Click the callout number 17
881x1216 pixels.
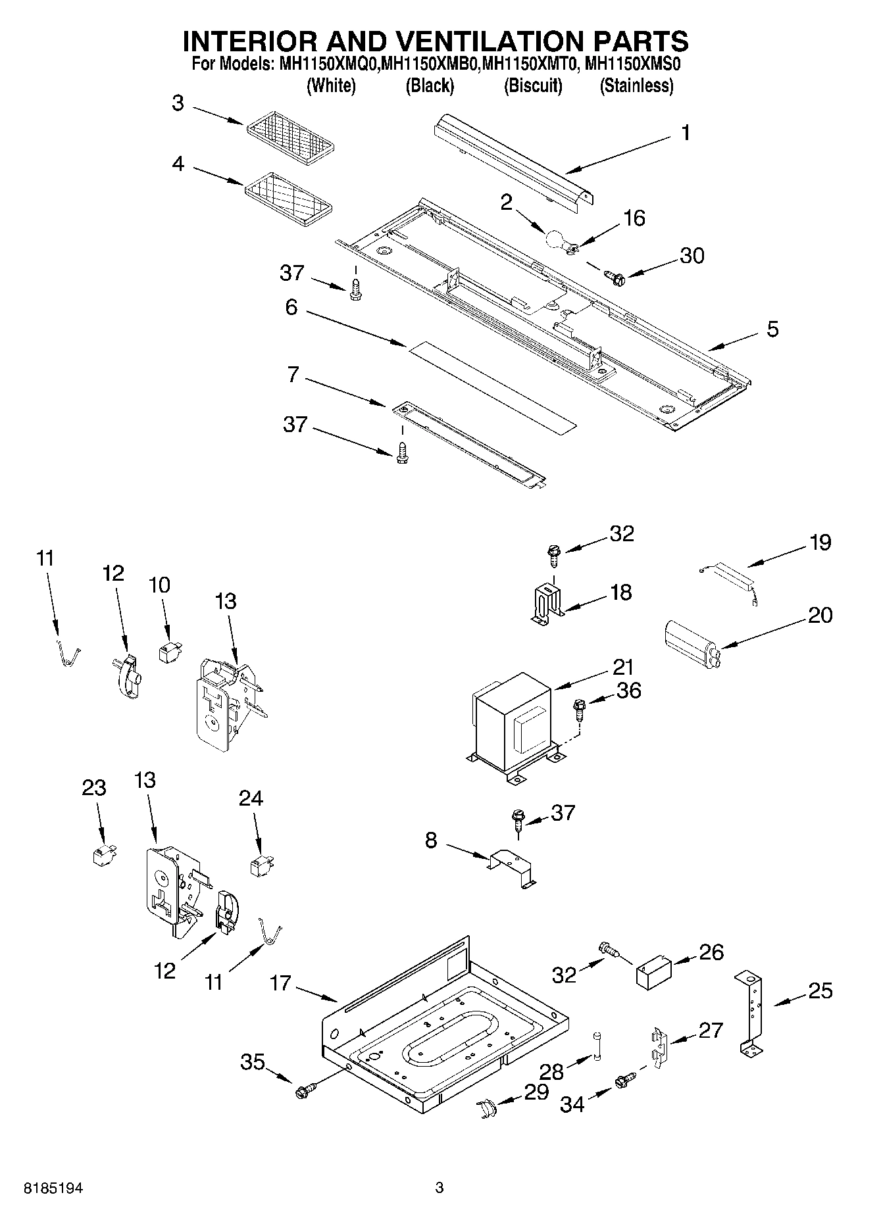click(x=280, y=983)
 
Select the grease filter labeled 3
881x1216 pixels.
click(x=291, y=136)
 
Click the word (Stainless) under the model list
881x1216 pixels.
click(x=636, y=86)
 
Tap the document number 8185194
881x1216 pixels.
click(x=54, y=1188)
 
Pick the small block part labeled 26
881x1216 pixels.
click(x=652, y=973)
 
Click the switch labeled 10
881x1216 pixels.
click(x=167, y=653)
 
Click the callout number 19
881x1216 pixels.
click(x=820, y=543)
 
